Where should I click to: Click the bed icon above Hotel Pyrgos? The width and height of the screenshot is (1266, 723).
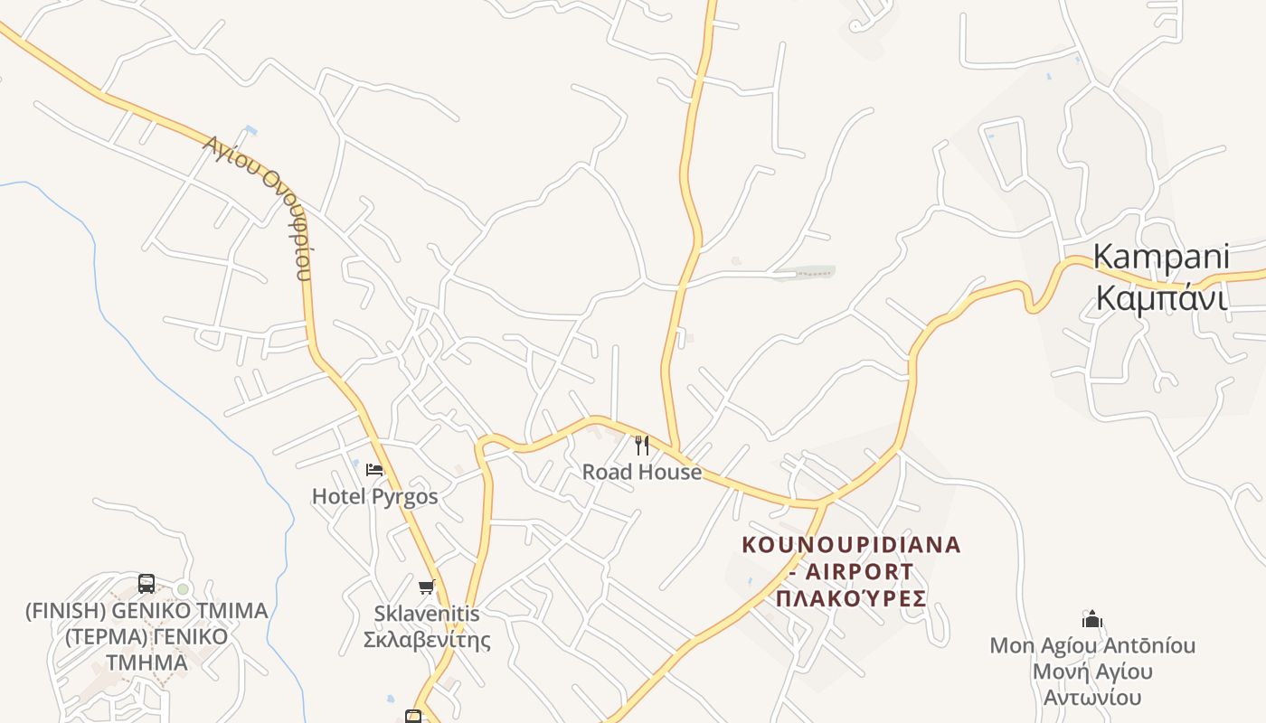[374, 470]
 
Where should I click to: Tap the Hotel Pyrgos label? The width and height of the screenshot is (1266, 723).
[374, 496]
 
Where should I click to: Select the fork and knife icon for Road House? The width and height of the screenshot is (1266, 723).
[642, 445]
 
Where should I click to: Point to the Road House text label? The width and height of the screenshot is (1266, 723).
[642, 472]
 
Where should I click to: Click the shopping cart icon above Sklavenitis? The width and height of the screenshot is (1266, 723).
[427, 587]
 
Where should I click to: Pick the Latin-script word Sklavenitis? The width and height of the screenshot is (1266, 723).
[427, 614]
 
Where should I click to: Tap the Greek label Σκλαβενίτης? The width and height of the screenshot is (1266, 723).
[427, 641]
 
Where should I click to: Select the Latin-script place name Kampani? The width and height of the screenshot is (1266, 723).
[1161, 257]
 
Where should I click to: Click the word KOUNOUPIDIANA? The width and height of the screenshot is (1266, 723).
[851, 545]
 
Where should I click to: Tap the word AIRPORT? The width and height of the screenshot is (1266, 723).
[859, 572]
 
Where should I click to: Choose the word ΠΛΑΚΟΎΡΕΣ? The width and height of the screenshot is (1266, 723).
[851, 598]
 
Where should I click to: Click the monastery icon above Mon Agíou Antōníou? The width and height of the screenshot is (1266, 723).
[1092, 619]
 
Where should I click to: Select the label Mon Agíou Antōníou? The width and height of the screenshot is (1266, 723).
[1092, 646]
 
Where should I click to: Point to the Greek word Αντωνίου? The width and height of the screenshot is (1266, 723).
[1092, 698]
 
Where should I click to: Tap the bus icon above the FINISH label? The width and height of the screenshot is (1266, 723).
[146, 584]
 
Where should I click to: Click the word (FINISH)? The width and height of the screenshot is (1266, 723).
[61, 611]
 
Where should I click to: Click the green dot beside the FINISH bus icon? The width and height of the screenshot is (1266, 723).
[183, 589]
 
